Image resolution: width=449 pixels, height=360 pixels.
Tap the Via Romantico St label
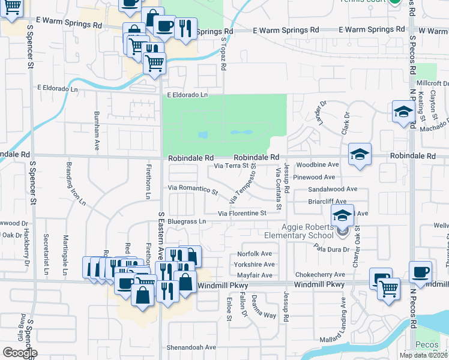click(x=193, y=189)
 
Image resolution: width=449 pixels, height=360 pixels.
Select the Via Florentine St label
click(x=241, y=213)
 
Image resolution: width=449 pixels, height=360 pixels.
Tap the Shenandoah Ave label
click(x=190, y=347)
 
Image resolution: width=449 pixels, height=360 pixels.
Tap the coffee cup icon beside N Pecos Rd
click(x=420, y=272)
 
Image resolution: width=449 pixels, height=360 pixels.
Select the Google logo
click(x=20, y=353)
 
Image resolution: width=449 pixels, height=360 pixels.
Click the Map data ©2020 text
click(x=423, y=355)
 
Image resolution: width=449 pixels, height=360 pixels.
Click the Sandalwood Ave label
click(x=333, y=188)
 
